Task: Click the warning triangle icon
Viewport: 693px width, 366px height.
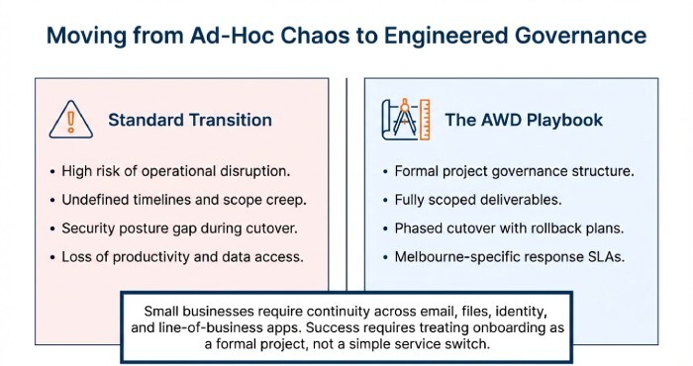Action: click(x=70, y=121)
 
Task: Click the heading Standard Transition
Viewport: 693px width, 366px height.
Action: click(x=189, y=121)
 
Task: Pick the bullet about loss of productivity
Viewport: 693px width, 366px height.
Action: click(x=182, y=256)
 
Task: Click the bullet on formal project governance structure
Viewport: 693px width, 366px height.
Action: click(x=514, y=170)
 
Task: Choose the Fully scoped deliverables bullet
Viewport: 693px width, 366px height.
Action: click(x=478, y=199)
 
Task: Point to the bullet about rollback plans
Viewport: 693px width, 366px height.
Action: click(x=503, y=228)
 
